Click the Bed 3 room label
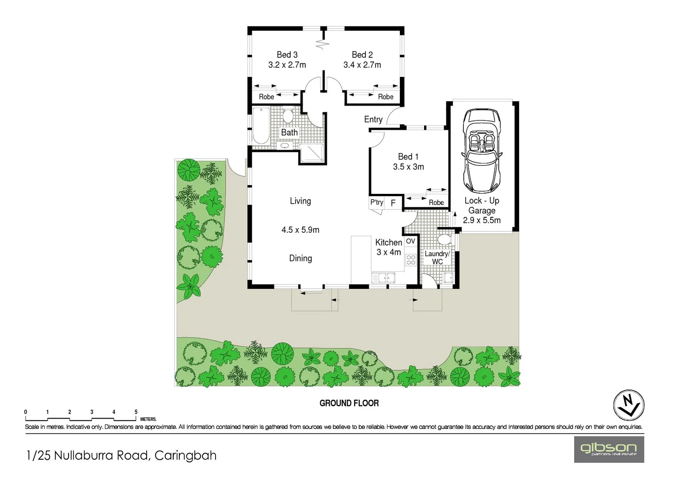tap(287, 55)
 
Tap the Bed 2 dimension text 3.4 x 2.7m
tap(362, 65)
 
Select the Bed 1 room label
tap(408, 157)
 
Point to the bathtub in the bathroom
tap(261, 126)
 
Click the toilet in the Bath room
tap(288, 116)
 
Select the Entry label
tap(373, 119)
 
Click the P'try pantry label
tap(376, 202)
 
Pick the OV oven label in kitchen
tap(410, 241)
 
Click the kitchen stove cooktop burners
tap(411, 260)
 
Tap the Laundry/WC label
tap(437, 257)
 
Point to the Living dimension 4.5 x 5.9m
tap(300, 230)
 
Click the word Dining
tap(300, 258)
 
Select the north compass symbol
tap(629, 405)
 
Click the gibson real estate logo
tap(609, 449)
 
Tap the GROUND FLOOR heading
tap(349, 403)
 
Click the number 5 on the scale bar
tap(136, 412)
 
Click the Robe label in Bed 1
tap(436, 203)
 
